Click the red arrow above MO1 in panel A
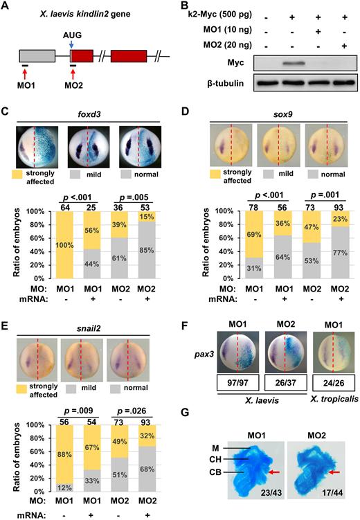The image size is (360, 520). (25, 73)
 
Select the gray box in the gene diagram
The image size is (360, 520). (37, 56)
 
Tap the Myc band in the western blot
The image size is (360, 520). (293, 63)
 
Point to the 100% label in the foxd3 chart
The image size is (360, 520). (64, 245)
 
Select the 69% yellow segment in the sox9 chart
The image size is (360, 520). (254, 235)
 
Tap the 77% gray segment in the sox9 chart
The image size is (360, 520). (340, 252)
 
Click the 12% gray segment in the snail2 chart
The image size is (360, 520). (64, 487)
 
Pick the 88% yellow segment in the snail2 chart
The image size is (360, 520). (64, 454)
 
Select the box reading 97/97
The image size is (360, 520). (237, 383)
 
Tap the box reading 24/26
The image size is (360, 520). (334, 383)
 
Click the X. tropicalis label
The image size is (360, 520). (334, 399)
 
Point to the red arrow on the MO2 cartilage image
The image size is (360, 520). (334, 472)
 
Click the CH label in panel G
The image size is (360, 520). (215, 460)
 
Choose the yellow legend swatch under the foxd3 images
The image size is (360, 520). (17, 174)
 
